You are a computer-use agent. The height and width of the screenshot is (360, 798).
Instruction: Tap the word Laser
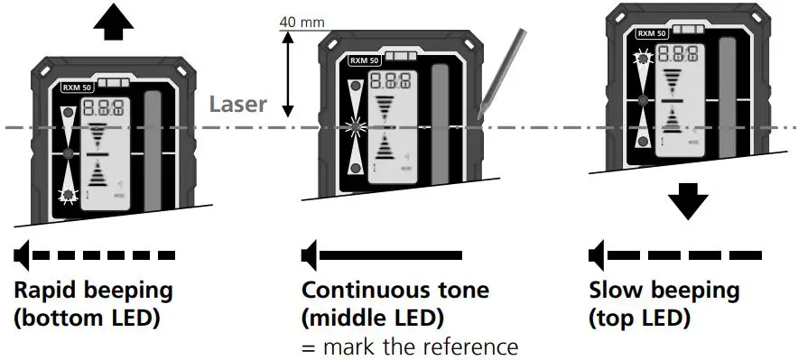pyautogui.click(x=238, y=104)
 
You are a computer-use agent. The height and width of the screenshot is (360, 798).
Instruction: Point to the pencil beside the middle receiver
pyautogui.click(x=502, y=73)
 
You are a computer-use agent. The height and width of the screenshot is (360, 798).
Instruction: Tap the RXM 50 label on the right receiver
pyautogui.click(x=652, y=33)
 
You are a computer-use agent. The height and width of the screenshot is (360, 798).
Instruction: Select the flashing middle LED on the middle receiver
pyautogui.click(x=353, y=126)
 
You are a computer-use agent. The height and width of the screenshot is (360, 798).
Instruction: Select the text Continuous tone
pyautogui.click(x=395, y=291)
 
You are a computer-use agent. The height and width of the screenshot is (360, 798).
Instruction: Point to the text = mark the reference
pyautogui.click(x=410, y=346)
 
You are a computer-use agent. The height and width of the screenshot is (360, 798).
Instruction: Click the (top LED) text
pyautogui.click(x=639, y=318)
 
